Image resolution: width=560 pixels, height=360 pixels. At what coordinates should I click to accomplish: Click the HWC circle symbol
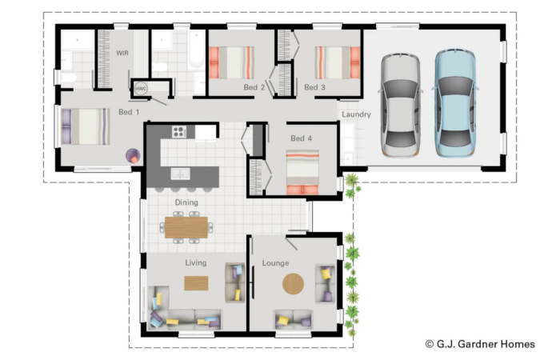141,88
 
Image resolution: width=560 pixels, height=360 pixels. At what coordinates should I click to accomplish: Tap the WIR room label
122,53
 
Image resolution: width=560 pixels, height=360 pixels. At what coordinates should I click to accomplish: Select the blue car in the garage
455,103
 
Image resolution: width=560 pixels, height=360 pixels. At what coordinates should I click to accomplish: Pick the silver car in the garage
400,105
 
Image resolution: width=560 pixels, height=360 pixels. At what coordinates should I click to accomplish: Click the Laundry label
356,114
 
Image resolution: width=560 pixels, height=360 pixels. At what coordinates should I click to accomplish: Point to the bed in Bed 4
302,172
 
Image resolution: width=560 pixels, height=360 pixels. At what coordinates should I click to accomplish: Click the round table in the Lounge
294,284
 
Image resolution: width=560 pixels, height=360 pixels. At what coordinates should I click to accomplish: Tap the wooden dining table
186,227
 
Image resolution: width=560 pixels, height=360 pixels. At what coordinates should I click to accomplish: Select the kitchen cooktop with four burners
179,132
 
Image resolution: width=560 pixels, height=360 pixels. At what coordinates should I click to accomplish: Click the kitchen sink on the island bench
180,174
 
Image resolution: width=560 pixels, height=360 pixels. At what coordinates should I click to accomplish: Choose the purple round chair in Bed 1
133,156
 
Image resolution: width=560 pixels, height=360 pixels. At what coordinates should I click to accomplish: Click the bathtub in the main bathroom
196,50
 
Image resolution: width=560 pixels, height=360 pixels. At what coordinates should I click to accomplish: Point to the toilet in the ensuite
69,78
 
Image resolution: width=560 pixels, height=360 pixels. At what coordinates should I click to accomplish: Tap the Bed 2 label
254,87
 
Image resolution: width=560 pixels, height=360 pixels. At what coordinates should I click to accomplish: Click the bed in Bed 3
338,62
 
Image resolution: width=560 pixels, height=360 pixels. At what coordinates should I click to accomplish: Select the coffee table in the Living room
196,283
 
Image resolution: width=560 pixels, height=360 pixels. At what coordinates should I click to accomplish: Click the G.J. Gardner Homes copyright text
480,344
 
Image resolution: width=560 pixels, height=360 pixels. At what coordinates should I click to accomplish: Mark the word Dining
186,202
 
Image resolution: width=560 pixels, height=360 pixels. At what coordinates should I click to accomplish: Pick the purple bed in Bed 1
86,126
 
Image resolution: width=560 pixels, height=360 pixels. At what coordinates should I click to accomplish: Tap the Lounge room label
275,263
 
